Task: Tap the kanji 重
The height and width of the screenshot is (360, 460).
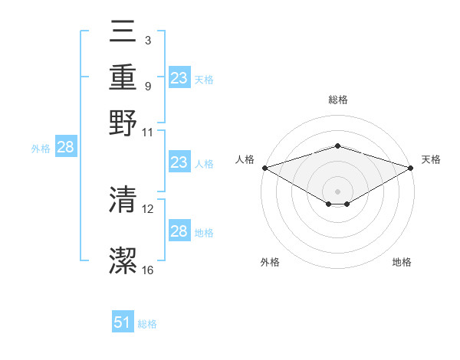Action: pos(123,79)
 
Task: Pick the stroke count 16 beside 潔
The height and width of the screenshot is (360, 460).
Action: pos(148,270)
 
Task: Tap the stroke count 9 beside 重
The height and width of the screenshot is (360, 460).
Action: pos(148,86)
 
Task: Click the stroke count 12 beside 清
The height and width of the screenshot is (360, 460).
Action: pos(148,208)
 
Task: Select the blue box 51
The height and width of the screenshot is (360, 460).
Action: pos(123,323)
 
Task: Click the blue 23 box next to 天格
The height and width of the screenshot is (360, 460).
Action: pos(179,78)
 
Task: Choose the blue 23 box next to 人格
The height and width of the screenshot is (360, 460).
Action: pos(179,162)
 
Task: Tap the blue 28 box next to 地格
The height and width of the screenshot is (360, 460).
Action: pos(179,231)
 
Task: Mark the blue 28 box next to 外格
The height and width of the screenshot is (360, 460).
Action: pos(65,148)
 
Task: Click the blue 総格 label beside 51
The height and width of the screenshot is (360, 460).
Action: pos(147,324)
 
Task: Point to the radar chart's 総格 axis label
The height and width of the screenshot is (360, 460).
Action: pos(337,100)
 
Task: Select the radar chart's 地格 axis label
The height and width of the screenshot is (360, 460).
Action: pos(402,263)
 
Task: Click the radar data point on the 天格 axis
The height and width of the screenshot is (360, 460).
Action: pos(412,168)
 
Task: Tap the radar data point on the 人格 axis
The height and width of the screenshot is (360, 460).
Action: pos(264,168)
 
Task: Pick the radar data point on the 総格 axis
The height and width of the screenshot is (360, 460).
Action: pos(337,146)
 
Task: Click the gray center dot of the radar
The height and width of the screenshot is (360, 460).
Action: pos(337,191)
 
